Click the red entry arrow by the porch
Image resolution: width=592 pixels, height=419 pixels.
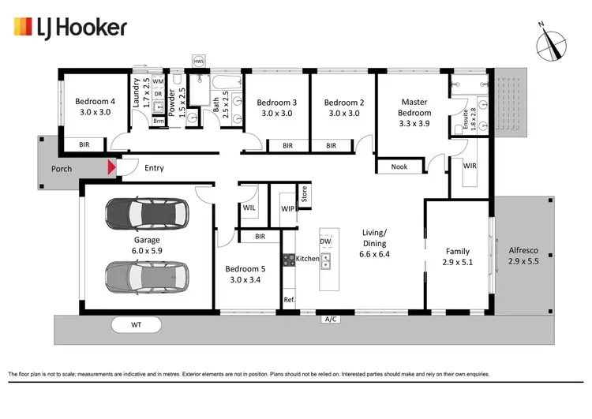[x=111, y=167]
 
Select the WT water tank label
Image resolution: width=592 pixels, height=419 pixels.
[x=136, y=324]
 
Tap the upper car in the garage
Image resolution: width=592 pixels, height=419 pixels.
[x=147, y=213]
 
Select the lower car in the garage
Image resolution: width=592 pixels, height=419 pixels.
[x=147, y=276]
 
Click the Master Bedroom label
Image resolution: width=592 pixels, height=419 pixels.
[x=414, y=107]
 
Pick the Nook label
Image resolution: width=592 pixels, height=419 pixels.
[x=399, y=166]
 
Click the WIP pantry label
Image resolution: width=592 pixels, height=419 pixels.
[x=288, y=209]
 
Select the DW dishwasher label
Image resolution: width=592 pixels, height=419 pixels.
[x=325, y=241]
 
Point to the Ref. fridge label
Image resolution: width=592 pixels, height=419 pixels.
[x=289, y=300]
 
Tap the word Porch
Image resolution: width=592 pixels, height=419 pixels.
[x=62, y=169]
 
